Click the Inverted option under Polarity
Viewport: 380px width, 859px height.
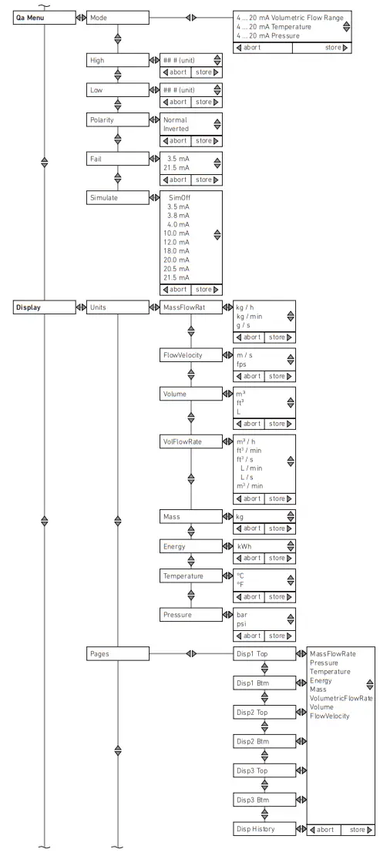(176, 129)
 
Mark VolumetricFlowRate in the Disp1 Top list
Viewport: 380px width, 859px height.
(341, 697)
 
